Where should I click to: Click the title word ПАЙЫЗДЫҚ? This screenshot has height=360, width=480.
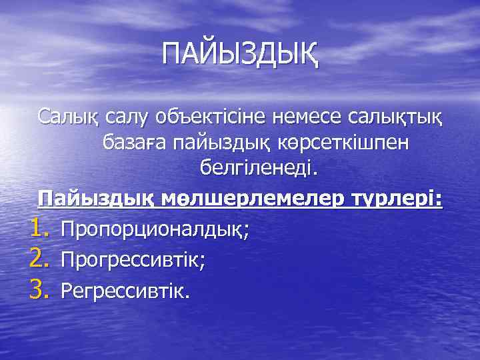(x=240, y=53)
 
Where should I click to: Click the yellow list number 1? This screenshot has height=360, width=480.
(x=39, y=229)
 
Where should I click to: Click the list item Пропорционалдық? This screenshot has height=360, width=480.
(x=153, y=231)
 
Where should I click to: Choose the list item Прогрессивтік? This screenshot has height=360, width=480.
(x=131, y=261)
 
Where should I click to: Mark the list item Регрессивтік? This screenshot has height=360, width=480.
(x=124, y=291)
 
